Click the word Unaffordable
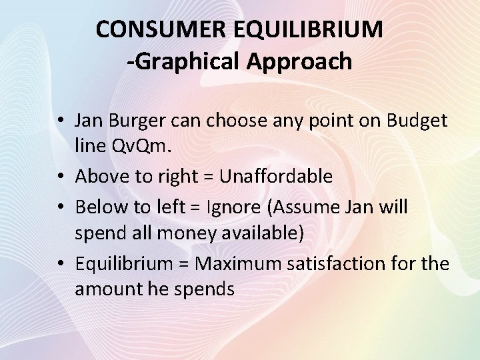click(x=276, y=177)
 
